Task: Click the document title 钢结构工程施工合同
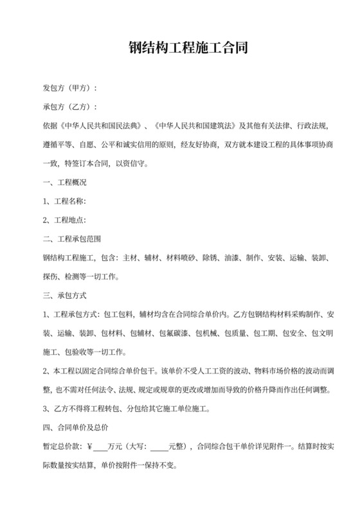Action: click(x=179, y=49)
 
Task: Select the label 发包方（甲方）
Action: click(x=69, y=87)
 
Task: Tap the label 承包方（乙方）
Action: click(x=69, y=105)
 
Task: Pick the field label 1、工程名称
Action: click(x=63, y=201)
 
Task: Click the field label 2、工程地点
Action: click(x=63, y=220)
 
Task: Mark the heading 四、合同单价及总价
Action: click(x=72, y=427)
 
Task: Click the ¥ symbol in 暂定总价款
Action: click(x=89, y=446)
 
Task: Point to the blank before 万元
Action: click(x=100, y=446)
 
